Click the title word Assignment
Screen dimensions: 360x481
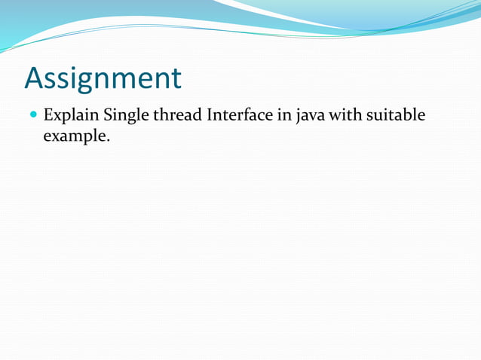tap(103, 78)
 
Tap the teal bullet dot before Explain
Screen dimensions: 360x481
tap(33, 117)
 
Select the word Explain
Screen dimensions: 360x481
tap(71, 117)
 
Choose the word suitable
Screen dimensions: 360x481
tap(397, 116)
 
